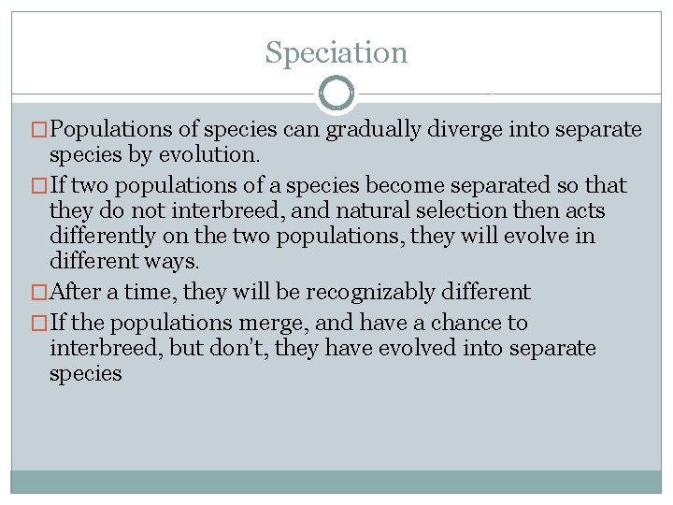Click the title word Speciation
(336, 52)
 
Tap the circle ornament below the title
(336, 94)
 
